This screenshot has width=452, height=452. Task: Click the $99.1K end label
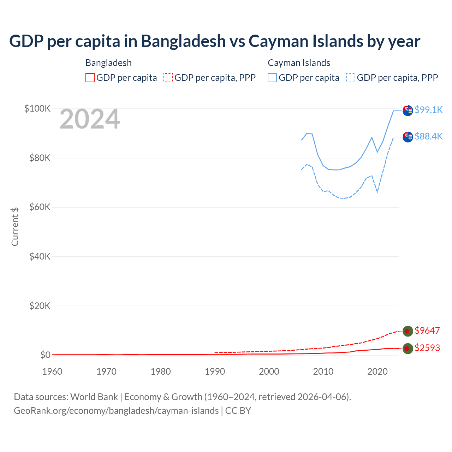428,110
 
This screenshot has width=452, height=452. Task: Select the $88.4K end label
428,136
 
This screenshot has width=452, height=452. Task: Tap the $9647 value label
427,331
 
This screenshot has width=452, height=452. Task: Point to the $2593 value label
427,348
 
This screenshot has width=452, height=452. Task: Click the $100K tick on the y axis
37,108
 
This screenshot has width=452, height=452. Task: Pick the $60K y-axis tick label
40,207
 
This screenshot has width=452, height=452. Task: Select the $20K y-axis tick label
40,306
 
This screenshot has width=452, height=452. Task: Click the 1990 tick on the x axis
215,371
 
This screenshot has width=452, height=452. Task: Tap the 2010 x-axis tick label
323,371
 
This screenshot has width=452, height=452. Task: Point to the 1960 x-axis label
52,371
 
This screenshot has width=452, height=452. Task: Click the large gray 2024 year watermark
90,119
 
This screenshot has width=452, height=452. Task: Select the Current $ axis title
15,226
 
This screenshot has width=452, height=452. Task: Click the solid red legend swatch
90,78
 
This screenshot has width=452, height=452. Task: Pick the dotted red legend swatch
168,78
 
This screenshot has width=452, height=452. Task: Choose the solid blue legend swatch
272,78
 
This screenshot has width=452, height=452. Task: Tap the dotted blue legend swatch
351,78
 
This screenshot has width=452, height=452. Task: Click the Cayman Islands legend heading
299,63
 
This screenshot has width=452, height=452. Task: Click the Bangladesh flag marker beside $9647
408,331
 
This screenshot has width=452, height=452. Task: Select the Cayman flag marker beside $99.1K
408,110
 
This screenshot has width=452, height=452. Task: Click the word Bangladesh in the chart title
183,41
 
